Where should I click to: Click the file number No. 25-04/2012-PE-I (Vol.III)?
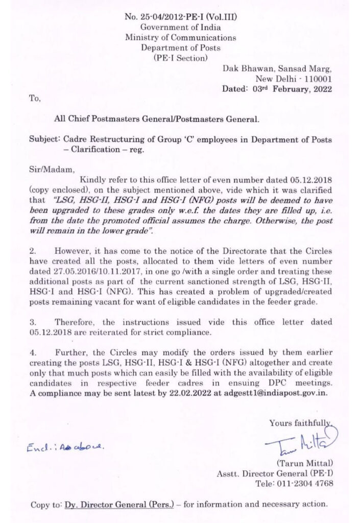click(x=180, y=17)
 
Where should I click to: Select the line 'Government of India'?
click(x=180, y=27)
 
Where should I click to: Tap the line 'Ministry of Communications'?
click(x=180, y=37)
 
